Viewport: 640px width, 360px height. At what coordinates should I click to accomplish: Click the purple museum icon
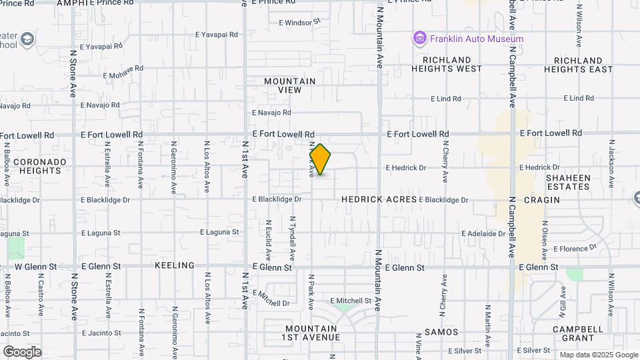[419, 39]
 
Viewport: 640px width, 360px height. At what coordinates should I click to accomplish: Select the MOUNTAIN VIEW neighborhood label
[289, 85]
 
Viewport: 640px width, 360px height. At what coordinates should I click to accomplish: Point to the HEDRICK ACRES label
[379, 199]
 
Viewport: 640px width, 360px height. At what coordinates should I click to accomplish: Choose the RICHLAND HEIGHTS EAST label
[578, 65]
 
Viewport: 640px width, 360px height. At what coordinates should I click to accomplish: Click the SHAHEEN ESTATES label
[568, 182]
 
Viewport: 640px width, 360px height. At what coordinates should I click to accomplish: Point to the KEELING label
[174, 265]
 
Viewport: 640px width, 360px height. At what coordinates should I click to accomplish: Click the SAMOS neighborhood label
[442, 332]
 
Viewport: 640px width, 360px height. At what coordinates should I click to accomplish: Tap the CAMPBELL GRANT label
[577, 333]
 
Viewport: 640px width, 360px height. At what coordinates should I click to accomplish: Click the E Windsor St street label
[300, 22]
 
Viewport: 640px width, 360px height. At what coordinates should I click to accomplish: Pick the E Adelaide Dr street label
[483, 234]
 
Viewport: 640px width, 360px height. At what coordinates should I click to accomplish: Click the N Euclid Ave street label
[269, 240]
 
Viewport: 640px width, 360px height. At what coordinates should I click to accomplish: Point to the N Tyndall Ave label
[292, 238]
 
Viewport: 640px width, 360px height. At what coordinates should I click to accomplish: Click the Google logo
[22, 351]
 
